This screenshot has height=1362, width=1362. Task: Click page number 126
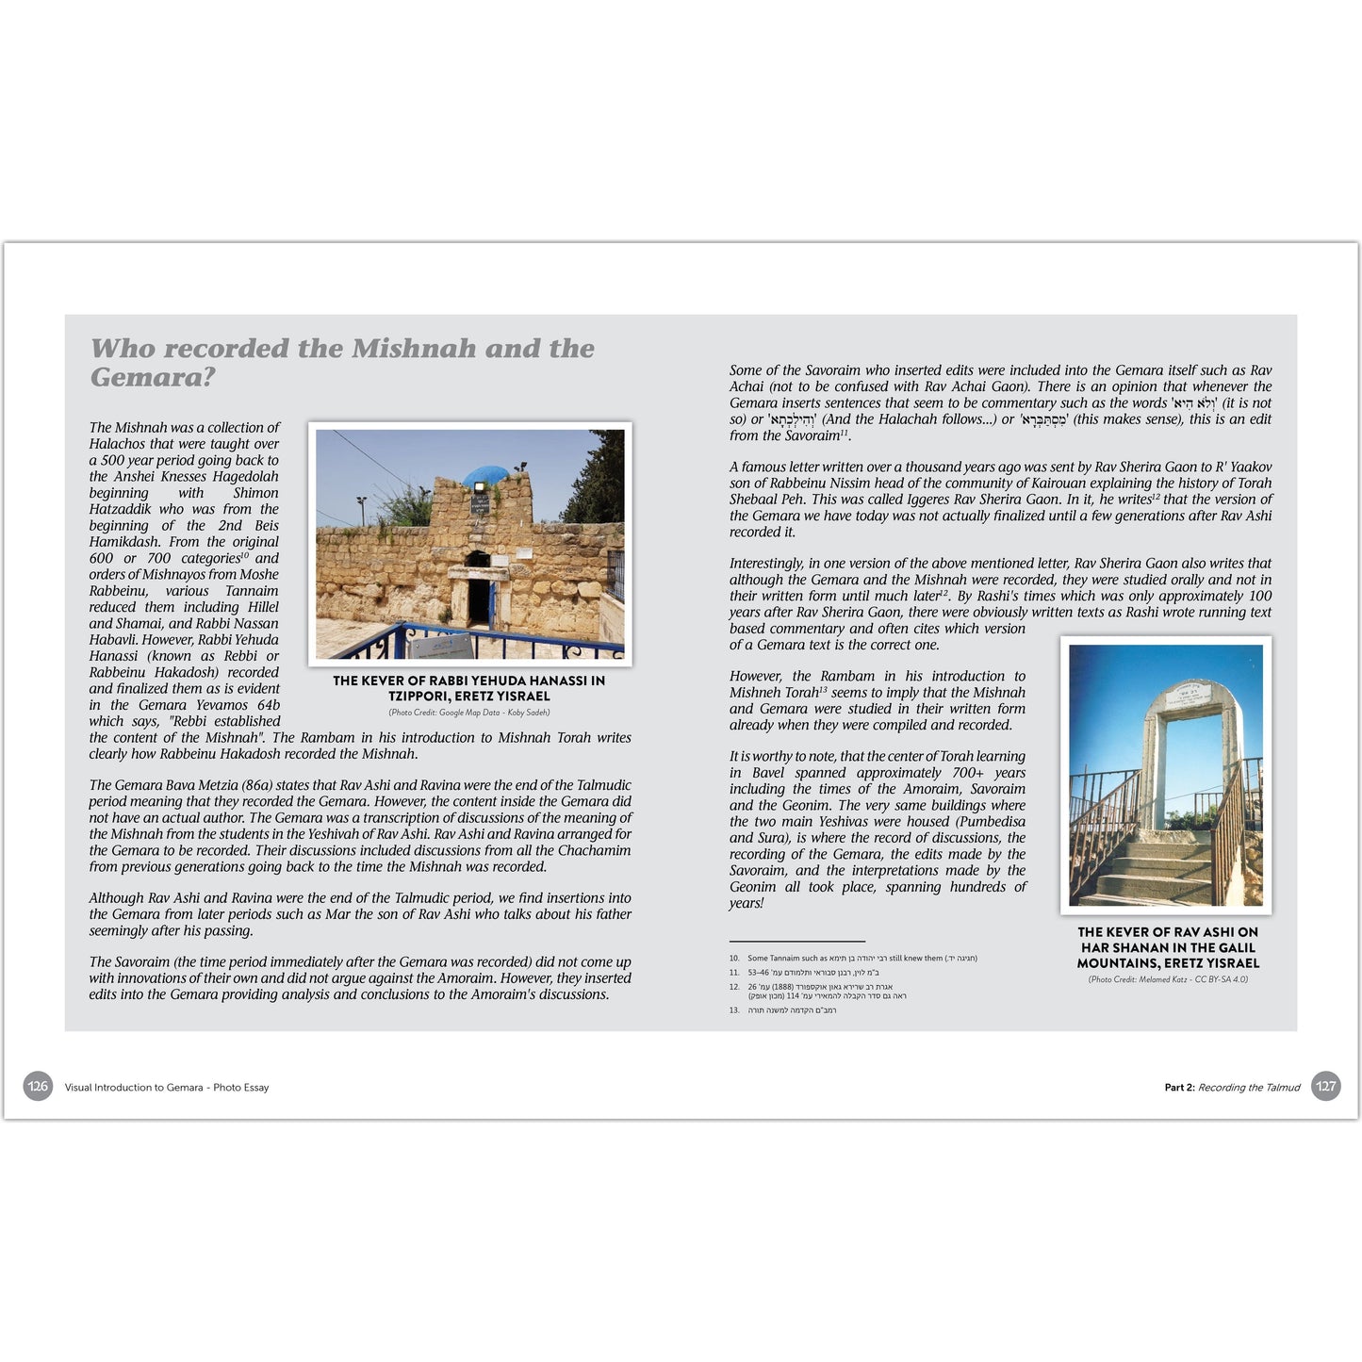pyautogui.click(x=38, y=1086)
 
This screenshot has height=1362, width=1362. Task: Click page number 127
pyautogui.click(x=1325, y=1086)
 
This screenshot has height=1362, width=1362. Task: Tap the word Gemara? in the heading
pyautogui.click(x=153, y=377)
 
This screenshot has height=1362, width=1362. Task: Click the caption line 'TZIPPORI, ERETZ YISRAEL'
pyautogui.click(x=469, y=697)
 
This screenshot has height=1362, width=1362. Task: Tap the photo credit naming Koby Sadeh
pyautogui.click(x=469, y=713)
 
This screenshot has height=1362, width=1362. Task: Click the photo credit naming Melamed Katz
pyautogui.click(x=1168, y=979)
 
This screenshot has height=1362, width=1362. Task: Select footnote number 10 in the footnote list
pyautogui.click(x=734, y=959)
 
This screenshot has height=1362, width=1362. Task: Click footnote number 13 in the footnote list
pyautogui.click(x=734, y=1010)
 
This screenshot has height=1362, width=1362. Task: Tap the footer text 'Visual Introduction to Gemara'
pyautogui.click(x=134, y=1087)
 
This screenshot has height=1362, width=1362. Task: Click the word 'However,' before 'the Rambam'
pyautogui.click(x=757, y=677)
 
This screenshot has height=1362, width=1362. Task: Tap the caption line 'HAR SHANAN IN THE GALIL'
pyautogui.click(x=1168, y=947)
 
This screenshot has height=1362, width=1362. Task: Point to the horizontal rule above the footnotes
pyautogui.click(x=796, y=941)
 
